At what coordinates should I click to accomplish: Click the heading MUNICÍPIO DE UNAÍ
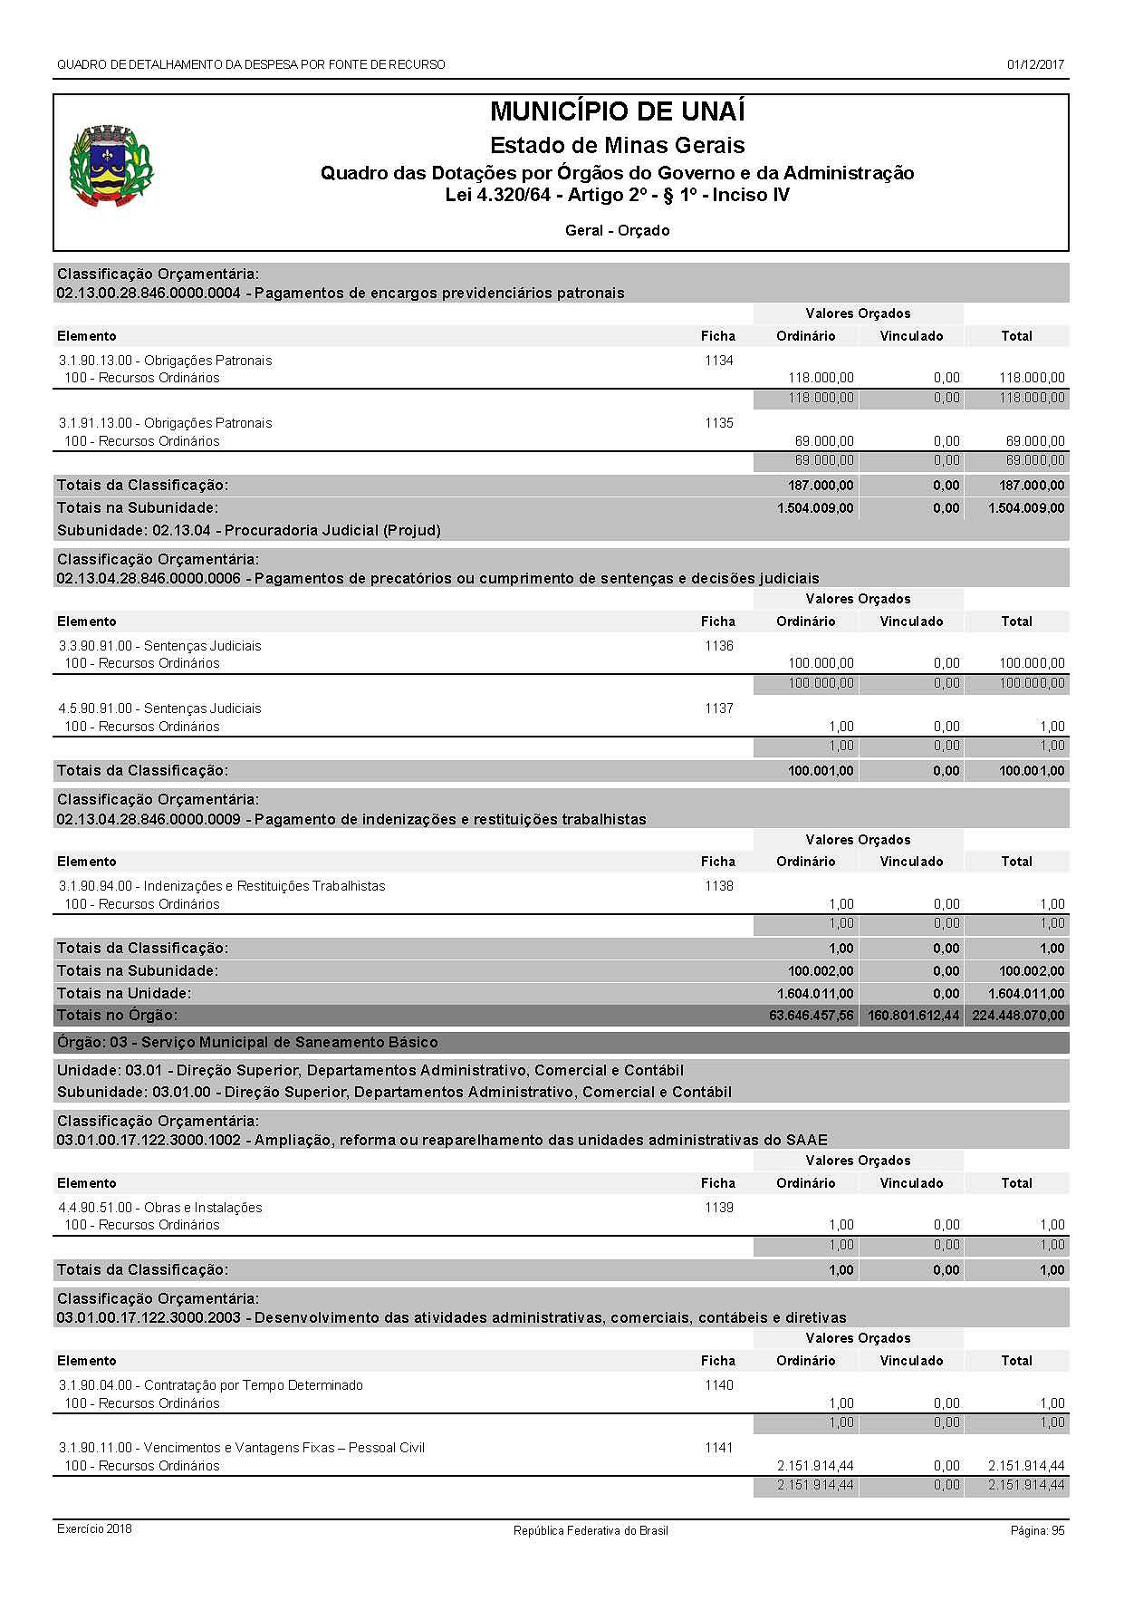pos(617,112)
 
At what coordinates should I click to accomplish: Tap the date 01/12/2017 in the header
pos(1034,64)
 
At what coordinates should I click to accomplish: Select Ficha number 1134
pos(718,361)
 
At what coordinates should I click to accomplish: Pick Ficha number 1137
pos(718,708)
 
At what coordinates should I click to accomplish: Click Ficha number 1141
pos(718,1448)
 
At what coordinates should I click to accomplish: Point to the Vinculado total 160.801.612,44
pos(913,1016)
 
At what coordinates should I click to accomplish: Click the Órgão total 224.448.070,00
pos(1018,1016)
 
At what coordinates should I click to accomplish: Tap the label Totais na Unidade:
pos(124,993)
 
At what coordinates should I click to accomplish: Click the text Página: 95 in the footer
pos(1037,1530)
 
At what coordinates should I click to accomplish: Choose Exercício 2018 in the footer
pos(94,1529)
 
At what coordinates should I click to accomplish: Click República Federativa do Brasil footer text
pos(591,1530)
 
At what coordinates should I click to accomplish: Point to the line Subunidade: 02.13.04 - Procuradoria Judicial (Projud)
pos(249,530)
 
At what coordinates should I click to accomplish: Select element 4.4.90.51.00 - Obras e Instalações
pos(160,1208)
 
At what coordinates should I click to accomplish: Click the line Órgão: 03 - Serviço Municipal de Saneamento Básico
pos(247,1043)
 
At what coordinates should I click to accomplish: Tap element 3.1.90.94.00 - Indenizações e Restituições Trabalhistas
pos(222,886)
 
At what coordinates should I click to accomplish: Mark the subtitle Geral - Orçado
pos(617,231)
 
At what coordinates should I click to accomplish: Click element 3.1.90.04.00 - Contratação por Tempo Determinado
pos(211,1385)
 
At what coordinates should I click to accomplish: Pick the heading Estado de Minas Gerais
pos(617,145)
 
